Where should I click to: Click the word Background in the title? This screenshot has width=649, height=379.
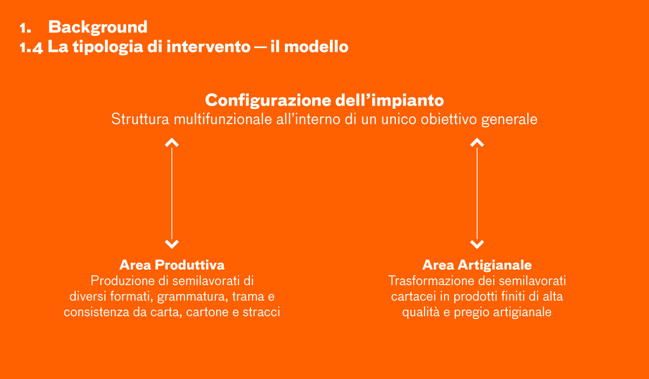[x=98, y=28]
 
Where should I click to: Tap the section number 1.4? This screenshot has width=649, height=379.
[x=31, y=47]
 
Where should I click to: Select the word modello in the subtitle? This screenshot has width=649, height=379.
[x=316, y=47]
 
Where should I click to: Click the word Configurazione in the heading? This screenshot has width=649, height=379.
[x=268, y=101]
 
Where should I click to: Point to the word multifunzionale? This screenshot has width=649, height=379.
[x=222, y=119]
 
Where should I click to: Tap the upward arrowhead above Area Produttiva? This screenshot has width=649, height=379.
[x=172, y=142]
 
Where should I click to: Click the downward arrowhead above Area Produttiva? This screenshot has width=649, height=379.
[x=172, y=244]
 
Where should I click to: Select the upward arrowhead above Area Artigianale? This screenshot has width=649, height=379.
[x=477, y=142]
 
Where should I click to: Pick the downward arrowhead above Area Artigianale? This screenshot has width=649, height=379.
[x=477, y=244]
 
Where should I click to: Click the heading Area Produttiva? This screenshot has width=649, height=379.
[x=172, y=265]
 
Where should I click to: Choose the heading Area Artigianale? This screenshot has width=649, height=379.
[x=477, y=265]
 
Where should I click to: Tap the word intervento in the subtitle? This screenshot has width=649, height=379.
[x=209, y=47]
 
